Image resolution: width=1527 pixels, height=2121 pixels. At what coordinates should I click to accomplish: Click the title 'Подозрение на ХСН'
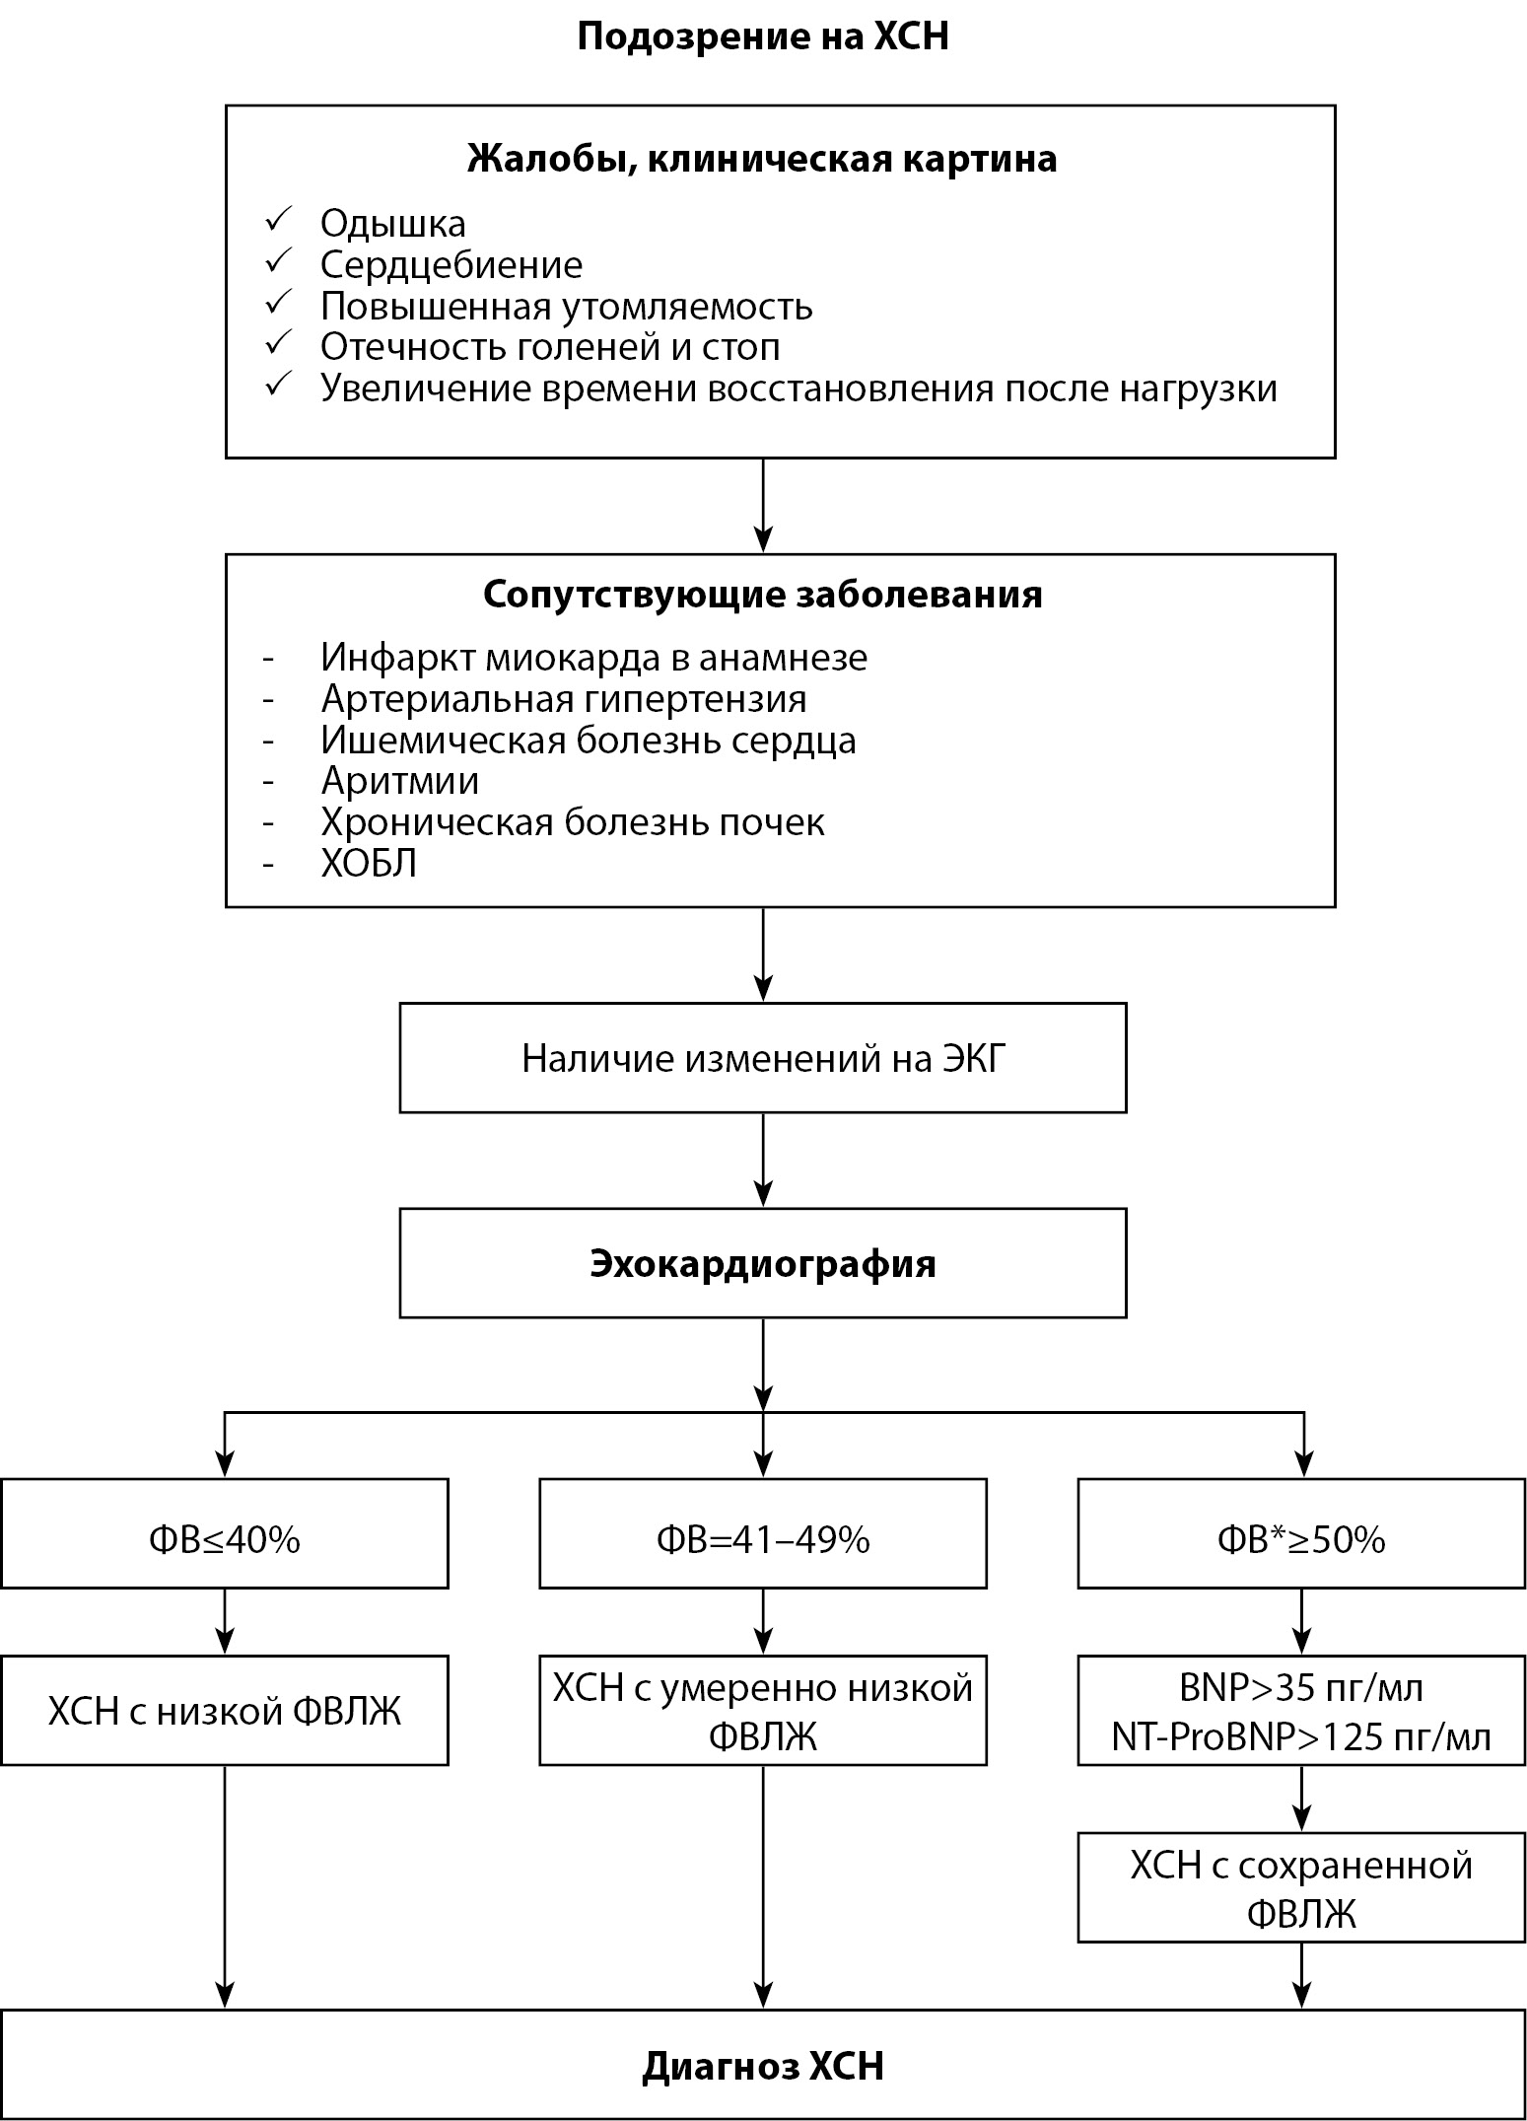(x=762, y=37)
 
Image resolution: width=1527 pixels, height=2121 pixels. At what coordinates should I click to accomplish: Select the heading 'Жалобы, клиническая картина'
(x=762, y=159)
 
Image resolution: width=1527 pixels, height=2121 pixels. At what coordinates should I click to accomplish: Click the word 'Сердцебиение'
(x=451, y=265)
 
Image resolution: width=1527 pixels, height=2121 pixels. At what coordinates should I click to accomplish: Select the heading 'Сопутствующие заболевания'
(x=762, y=595)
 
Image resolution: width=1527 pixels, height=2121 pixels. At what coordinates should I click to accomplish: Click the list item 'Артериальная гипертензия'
(x=564, y=699)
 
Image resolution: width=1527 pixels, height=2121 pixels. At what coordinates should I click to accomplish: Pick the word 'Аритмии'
(x=400, y=781)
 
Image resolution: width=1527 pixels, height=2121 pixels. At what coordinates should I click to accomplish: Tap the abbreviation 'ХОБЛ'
(x=369, y=864)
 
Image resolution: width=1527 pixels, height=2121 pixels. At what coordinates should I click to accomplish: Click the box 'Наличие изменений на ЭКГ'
(x=762, y=1058)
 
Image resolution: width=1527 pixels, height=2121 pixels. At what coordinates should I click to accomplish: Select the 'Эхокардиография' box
(x=762, y=1264)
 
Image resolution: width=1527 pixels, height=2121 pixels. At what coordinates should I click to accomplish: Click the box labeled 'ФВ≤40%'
(x=225, y=1539)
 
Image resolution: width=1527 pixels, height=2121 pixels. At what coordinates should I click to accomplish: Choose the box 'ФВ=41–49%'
(x=762, y=1539)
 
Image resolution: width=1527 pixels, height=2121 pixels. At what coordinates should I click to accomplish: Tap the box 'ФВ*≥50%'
(x=1301, y=1539)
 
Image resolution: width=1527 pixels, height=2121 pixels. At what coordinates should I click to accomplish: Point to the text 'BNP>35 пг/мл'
(x=1301, y=1689)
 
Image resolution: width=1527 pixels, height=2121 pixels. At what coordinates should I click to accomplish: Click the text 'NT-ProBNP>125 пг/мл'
(x=1301, y=1736)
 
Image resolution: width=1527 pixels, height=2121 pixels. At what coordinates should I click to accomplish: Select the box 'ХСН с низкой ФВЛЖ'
(x=225, y=1712)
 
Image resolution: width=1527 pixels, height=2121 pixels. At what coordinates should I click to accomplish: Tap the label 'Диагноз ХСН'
(x=762, y=2066)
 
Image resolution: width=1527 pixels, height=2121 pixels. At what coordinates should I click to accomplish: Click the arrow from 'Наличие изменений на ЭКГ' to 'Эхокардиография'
(x=763, y=1161)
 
